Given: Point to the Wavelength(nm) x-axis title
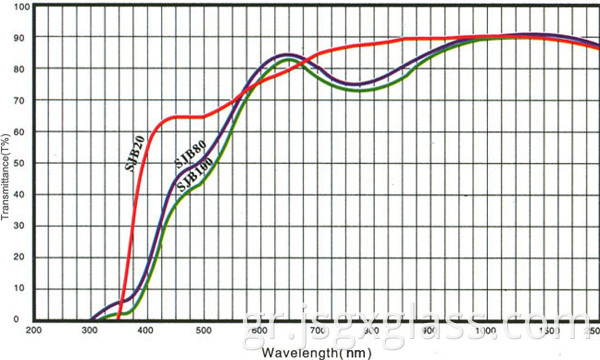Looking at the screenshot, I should pos(317,352).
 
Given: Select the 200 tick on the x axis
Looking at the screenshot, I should pos(33,330).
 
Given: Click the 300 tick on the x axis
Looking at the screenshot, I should pos(90,330).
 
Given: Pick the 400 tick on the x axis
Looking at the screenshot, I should pos(146,330).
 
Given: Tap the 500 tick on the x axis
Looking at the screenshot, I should pos(203,330).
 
